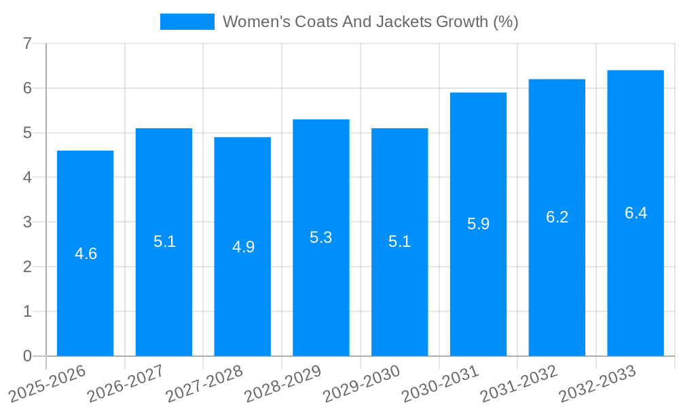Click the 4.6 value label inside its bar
(x=86, y=254)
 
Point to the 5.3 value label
(x=320, y=237)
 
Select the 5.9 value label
(x=478, y=224)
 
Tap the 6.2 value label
(x=557, y=217)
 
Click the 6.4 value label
(x=636, y=213)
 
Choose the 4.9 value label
(x=243, y=247)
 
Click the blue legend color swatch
(x=187, y=22)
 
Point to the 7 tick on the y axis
(x=27, y=43)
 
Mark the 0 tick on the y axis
(x=27, y=356)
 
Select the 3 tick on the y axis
(x=27, y=222)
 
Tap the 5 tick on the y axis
(x=27, y=133)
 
